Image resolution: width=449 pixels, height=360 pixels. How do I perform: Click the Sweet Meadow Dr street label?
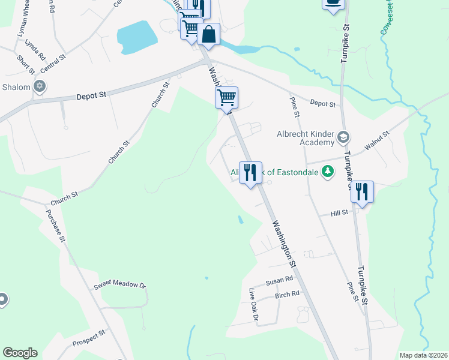pos(119,286)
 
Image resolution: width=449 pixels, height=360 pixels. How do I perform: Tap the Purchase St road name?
pos(55,221)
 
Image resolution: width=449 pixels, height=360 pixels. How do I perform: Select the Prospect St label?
pos(89,338)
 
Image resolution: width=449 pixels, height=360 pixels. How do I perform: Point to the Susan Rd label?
pos(279,280)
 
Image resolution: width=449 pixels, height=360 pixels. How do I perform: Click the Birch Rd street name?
pos(287,295)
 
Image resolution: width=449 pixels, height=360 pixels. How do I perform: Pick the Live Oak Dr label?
pos(253,306)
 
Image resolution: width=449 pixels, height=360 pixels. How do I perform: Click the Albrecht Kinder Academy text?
pos(304,138)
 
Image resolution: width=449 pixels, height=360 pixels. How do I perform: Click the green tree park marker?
pos(327,173)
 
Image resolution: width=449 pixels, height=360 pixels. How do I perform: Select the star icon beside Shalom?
pos(40,87)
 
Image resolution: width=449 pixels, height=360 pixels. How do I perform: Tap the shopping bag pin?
pos(208,34)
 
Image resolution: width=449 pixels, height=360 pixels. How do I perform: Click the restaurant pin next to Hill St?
pos(362,193)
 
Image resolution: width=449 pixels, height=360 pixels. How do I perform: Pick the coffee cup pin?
pos(334,4)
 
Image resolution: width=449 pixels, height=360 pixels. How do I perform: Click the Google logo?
pos(20,353)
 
